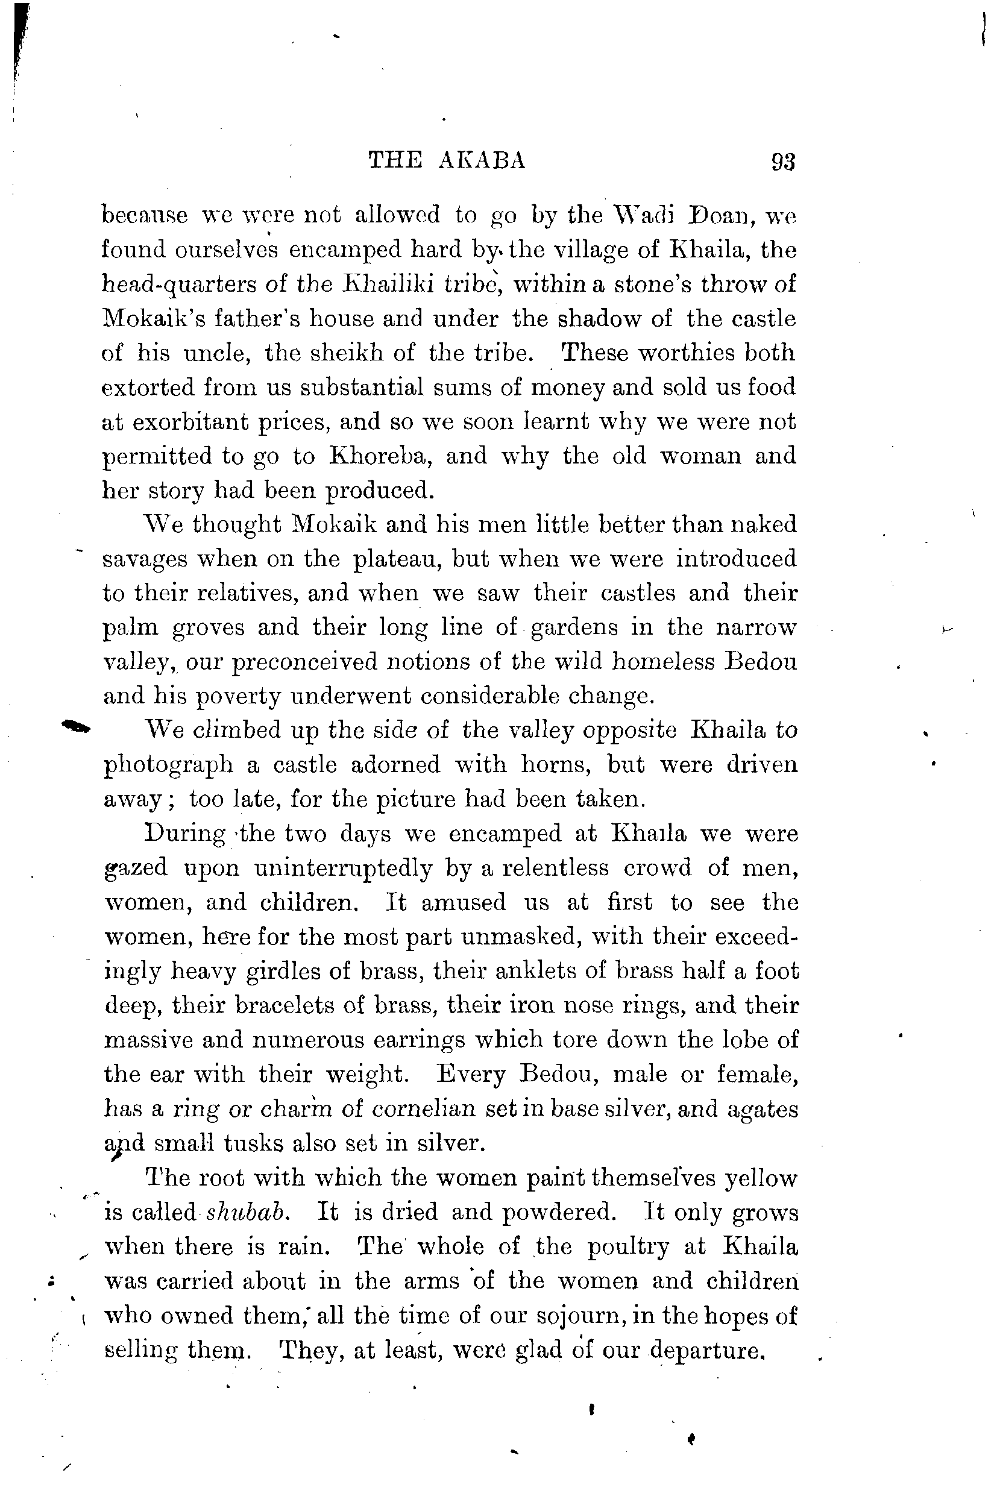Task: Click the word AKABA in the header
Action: (482, 161)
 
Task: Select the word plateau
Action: (395, 559)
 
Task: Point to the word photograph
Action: (168, 765)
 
